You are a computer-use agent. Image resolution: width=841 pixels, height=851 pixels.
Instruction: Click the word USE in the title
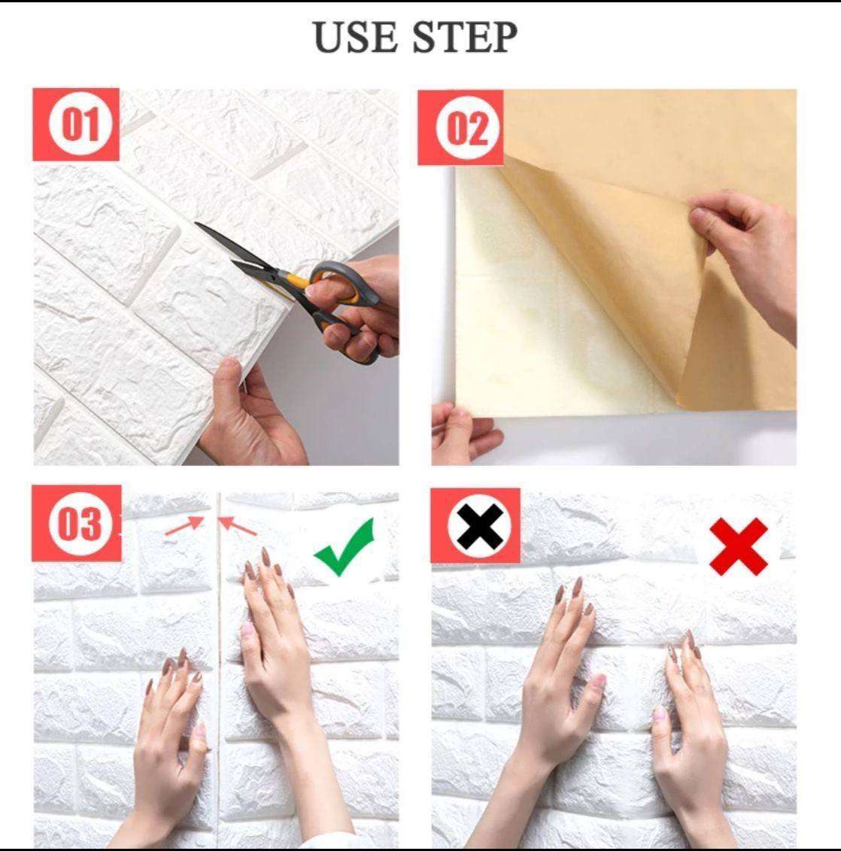point(355,37)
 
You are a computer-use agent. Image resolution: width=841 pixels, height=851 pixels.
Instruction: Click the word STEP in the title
point(464,37)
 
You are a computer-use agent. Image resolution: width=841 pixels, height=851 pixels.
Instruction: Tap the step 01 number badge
point(76,124)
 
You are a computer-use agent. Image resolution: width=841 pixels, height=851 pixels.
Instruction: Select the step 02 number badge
point(460,128)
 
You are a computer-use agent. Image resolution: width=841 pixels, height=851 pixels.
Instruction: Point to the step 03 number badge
point(77,524)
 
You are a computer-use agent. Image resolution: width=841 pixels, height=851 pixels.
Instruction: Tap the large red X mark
point(739,546)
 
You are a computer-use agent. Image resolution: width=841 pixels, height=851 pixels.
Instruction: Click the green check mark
point(345,547)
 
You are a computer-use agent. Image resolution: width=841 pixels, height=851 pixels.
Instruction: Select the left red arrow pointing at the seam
point(184,525)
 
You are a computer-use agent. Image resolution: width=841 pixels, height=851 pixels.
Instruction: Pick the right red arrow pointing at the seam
point(237,525)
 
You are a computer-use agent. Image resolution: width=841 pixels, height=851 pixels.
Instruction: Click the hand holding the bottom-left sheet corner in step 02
point(464,433)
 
